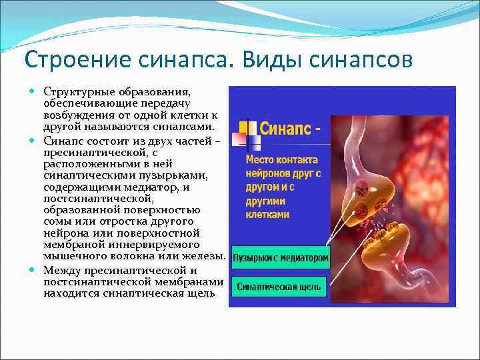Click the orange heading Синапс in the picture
[x=284, y=128]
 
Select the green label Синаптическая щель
[x=279, y=288]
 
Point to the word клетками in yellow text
[x=267, y=214]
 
